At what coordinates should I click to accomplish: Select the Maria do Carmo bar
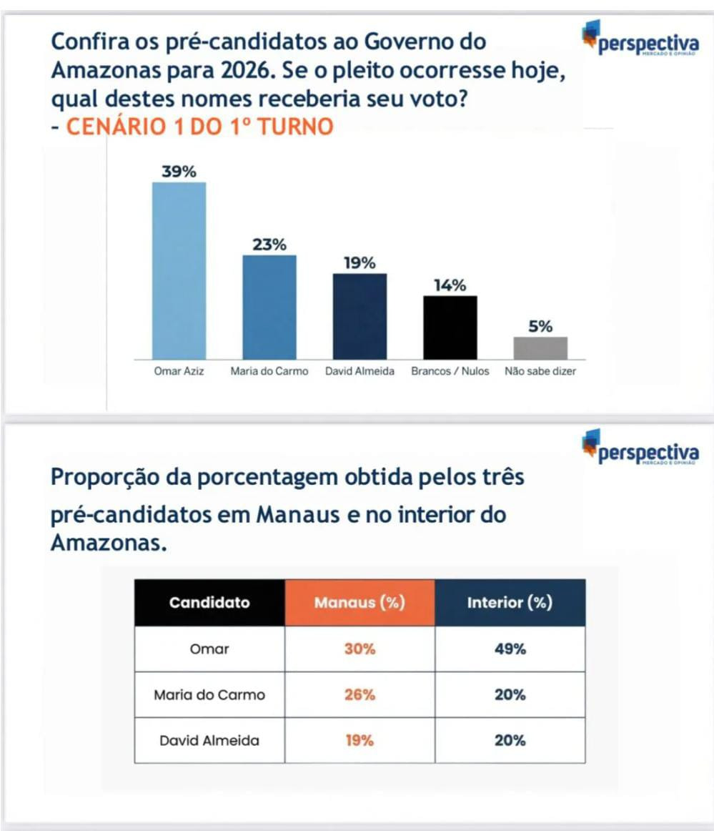[x=269, y=307]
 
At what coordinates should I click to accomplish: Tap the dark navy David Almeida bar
[x=360, y=316]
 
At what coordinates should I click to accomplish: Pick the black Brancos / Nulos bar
[x=450, y=327]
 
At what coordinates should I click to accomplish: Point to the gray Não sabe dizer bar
[x=540, y=348]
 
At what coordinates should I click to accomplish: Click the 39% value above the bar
[x=179, y=172]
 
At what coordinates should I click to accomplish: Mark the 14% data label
[x=450, y=285]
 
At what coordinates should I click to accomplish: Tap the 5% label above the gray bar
[x=540, y=327]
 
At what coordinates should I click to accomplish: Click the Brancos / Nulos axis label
[x=450, y=372]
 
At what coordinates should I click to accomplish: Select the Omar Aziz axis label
[x=179, y=372]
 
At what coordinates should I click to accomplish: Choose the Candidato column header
[x=209, y=602]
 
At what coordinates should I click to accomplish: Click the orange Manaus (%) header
[x=360, y=602]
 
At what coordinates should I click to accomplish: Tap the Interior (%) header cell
[x=510, y=602]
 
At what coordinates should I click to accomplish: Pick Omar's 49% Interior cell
[x=510, y=649]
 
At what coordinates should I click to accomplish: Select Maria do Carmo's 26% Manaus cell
[x=360, y=694]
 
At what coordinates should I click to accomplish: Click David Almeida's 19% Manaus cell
[x=360, y=740]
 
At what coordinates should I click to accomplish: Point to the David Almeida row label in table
[x=209, y=740]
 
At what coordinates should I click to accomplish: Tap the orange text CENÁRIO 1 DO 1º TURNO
[x=199, y=127]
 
